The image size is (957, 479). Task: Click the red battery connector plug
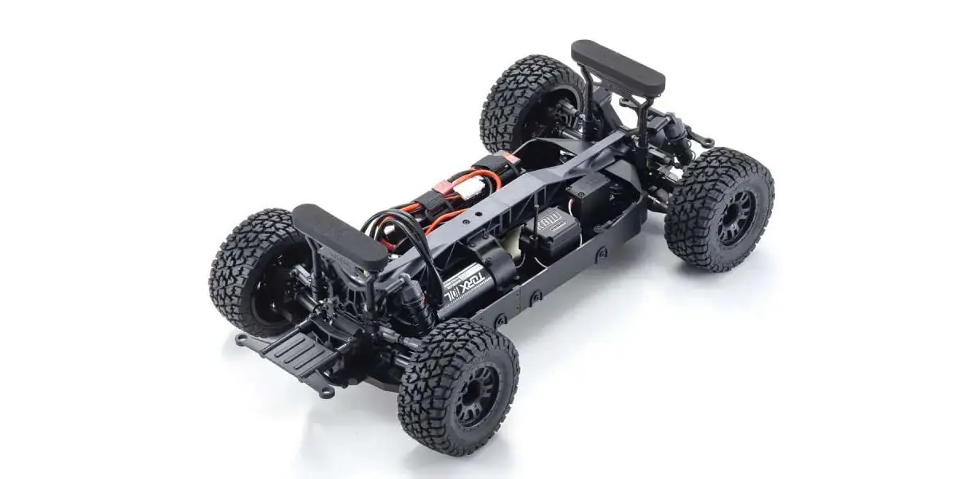tap(441, 192)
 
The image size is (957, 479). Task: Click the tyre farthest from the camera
tap(526, 100)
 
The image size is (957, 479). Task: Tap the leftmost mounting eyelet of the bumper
tap(242, 340)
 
